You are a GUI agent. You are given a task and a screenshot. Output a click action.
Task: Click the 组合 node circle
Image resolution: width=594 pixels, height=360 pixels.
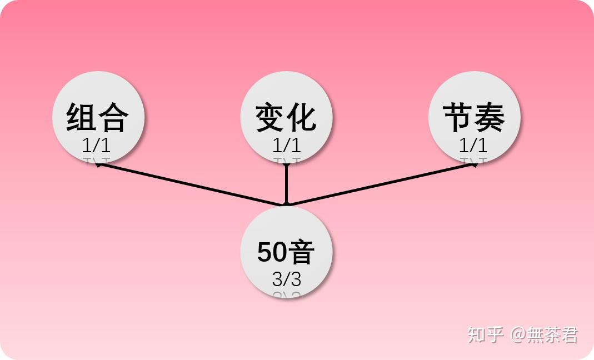click(x=98, y=117)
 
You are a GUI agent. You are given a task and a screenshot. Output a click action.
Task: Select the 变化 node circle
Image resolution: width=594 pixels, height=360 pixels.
click(x=286, y=117)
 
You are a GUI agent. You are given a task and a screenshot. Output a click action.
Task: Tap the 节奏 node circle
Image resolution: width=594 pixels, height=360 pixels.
click(x=475, y=117)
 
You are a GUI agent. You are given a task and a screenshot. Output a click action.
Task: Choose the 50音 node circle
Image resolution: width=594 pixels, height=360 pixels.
click(x=286, y=252)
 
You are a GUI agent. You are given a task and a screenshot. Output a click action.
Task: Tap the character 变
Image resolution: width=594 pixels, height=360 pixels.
click(x=269, y=117)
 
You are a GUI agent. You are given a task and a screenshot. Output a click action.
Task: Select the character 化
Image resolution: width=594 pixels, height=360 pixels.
click(x=302, y=117)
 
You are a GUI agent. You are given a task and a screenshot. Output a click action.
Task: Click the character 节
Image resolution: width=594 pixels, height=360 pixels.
click(x=458, y=117)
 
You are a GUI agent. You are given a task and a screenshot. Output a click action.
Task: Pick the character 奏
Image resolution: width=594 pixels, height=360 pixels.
click(x=490, y=117)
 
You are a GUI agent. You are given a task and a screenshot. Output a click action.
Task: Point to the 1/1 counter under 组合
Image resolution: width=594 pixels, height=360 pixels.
click(x=96, y=145)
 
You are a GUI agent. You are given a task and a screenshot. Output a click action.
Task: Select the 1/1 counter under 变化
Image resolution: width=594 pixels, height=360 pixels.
click(x=287, y=145)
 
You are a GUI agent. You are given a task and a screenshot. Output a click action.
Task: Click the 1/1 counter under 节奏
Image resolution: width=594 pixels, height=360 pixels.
click(x=473, y=145)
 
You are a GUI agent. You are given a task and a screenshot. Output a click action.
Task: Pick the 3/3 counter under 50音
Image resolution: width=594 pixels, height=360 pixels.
click(x=287, y=279)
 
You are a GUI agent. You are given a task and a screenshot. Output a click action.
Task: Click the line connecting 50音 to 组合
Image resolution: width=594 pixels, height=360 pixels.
click(x=191, y=184)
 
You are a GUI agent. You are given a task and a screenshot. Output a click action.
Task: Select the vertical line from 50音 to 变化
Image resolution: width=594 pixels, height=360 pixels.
click(x=286, y=184)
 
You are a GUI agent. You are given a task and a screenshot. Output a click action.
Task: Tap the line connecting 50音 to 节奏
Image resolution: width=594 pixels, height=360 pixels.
click(x=381, y=184)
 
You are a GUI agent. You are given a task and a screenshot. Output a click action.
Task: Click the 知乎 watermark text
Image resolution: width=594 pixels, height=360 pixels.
click(x=485, y=334)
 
